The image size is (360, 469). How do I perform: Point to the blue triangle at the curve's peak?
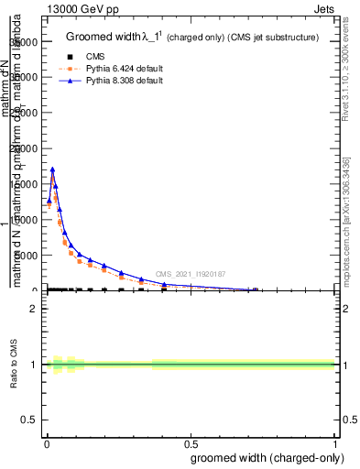[52, 169]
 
